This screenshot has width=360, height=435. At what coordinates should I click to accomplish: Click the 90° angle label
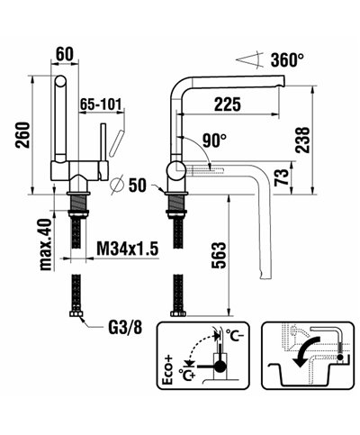coord(213,140)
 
